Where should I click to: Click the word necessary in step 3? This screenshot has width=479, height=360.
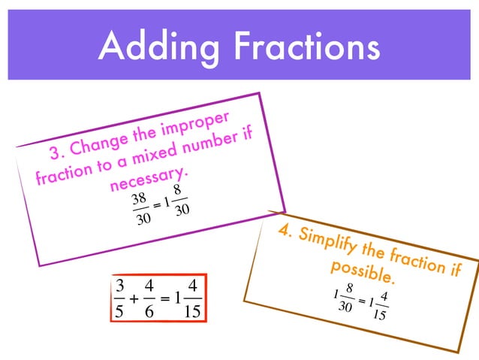tap(149, 179)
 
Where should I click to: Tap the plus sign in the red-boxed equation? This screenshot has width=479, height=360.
tap(133, 298)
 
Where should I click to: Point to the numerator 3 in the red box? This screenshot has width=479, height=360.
tap(118, 286)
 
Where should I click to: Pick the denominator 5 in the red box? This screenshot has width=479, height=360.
tap(118, 310)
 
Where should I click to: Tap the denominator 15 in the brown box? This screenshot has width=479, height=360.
tap(379, 315)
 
